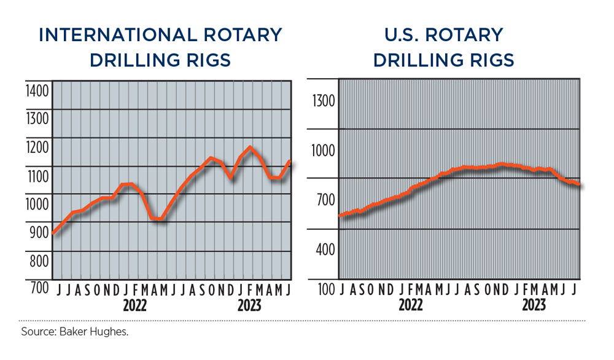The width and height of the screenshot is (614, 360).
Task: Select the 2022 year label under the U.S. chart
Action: click(411, 305)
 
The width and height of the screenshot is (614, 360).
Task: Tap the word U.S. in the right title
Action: click(397, 35)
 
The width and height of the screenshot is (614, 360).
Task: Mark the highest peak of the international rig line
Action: click(250, 147)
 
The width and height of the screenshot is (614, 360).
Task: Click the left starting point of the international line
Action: click(53, 233)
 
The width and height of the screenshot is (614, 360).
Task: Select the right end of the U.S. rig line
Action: click(579, 184)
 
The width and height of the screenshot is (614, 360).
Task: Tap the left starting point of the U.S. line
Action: click(341, 216)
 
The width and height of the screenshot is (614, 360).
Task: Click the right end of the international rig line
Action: click(289, 162)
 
